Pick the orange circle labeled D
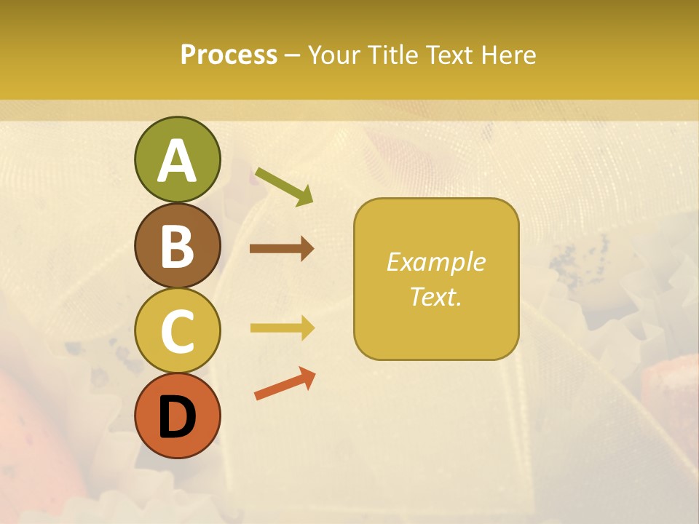click(x=177, y=416)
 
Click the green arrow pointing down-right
click(x=284, y=186)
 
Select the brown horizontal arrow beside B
click(x=281, y=249)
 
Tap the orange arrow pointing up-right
click(x=285, y=384)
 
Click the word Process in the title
click(x=229, y=55)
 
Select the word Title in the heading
click(x=392, y=55)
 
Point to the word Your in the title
click(x=336, y=55)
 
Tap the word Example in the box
click(x=435, y=262)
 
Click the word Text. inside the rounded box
click(x=435, y=296)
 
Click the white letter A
click(x=177, y=162)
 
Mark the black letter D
click(x=177, y=418)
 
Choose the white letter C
click(x=177, y=332)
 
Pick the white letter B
click(x=177, y=247)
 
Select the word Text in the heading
click(x=449, y=55)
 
